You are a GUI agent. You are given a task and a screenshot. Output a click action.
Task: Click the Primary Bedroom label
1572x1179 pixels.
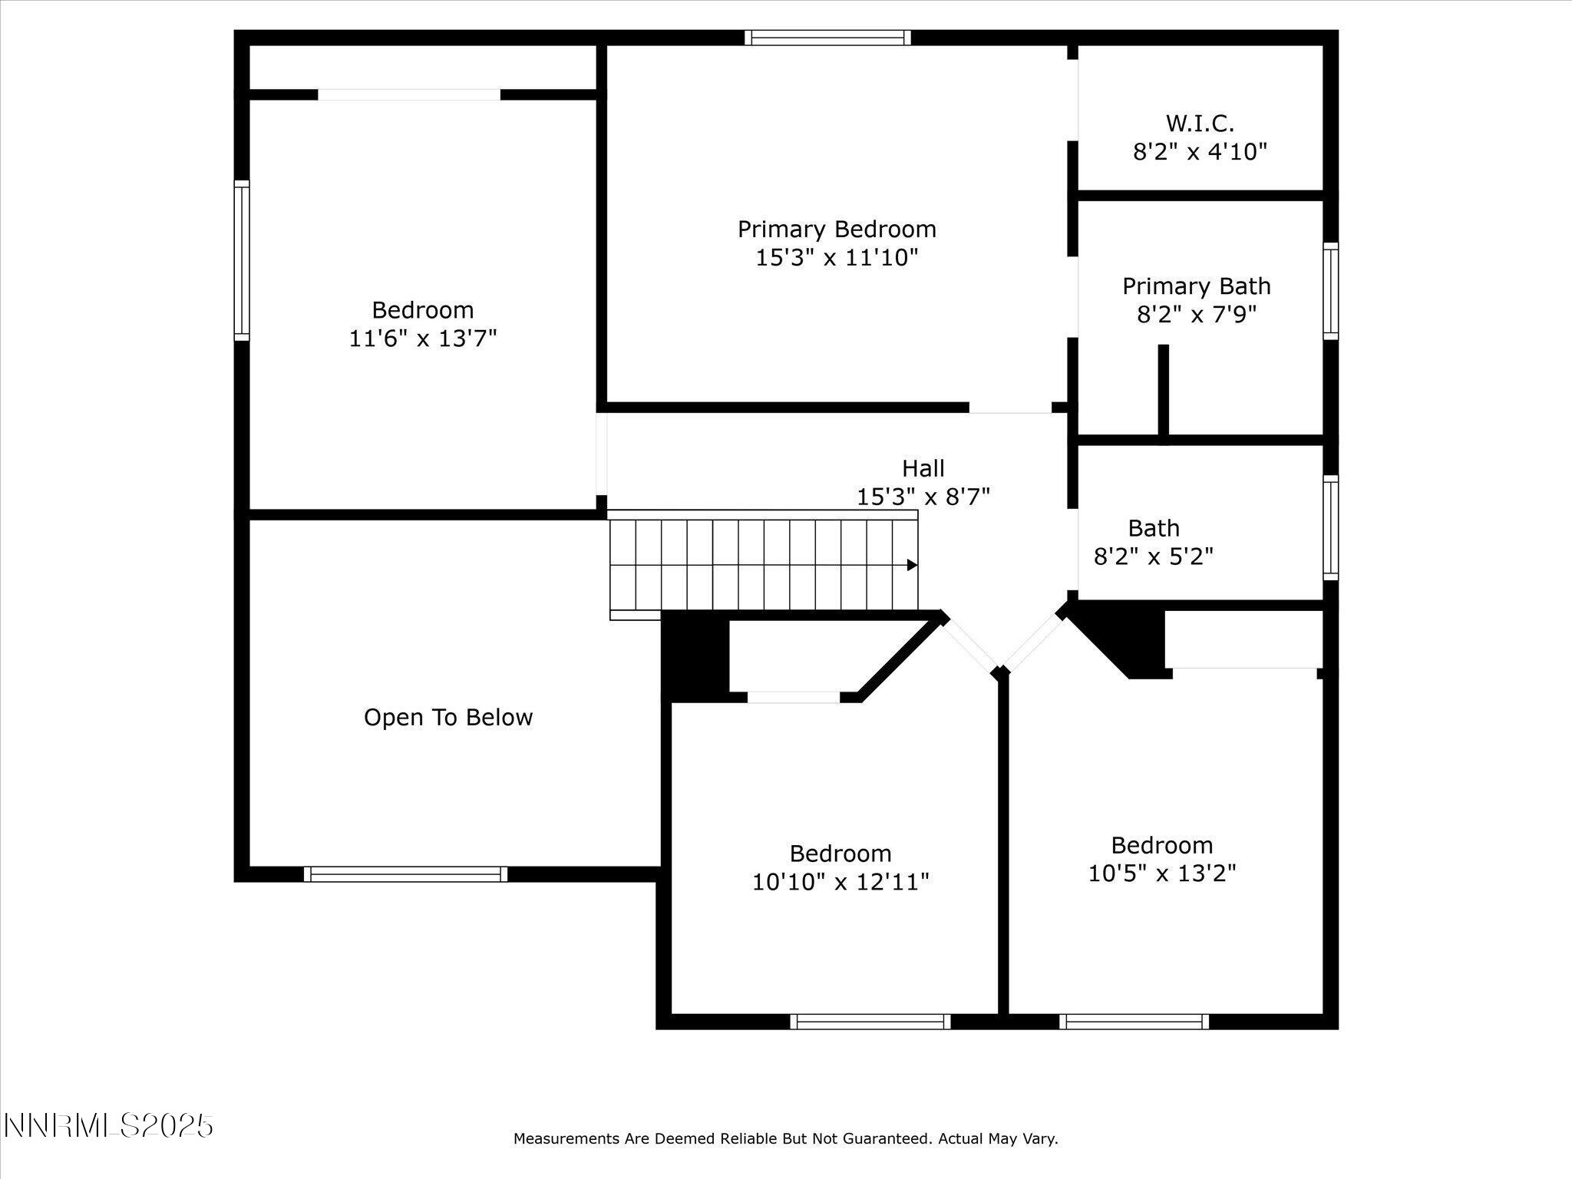tap(837, 230)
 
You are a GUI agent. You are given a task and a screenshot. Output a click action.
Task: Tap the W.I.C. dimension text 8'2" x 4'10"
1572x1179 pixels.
tap(1200, 152)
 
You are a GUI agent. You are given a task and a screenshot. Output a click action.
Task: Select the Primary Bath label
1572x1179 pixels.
tap(1196, 286)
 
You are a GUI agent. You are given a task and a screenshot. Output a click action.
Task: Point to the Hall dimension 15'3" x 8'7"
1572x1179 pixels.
tap(923, 497)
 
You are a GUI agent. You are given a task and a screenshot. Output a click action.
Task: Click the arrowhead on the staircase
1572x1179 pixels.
tap(912, 565)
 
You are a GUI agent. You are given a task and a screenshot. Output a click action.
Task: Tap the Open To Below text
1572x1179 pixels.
tap(447, 718)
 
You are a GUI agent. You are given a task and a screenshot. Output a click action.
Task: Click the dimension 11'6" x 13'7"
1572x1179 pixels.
tap(423, 339)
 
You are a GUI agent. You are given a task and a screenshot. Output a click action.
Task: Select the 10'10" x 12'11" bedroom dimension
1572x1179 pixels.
tap(840, 882)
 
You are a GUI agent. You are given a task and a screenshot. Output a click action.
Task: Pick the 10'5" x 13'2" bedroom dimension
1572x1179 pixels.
tap(1161, 874)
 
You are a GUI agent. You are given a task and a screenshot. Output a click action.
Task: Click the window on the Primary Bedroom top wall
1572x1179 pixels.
tap(827, 38)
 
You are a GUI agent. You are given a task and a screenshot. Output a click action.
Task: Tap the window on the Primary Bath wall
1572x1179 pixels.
tap(1330, 291)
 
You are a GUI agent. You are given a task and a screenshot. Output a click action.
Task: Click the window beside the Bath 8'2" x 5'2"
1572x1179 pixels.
tap(1330, 527)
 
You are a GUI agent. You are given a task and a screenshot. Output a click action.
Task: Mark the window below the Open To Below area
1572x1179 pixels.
tap(405, 874)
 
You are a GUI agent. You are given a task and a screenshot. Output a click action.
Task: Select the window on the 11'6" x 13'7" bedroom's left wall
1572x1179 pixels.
tap(242, 260)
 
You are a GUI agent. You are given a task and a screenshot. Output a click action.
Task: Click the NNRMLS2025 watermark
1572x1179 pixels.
tap(108, 1126)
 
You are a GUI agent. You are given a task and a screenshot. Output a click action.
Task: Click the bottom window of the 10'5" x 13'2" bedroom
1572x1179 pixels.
tap(1134, 1021)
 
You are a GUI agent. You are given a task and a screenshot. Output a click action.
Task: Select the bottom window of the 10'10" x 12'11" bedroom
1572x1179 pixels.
tap(870, 1021)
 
